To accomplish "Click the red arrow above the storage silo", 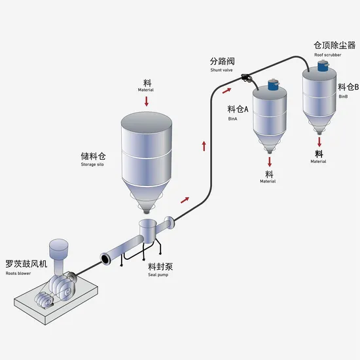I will tap(147, 101).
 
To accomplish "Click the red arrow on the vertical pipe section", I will tap(204, 145).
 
